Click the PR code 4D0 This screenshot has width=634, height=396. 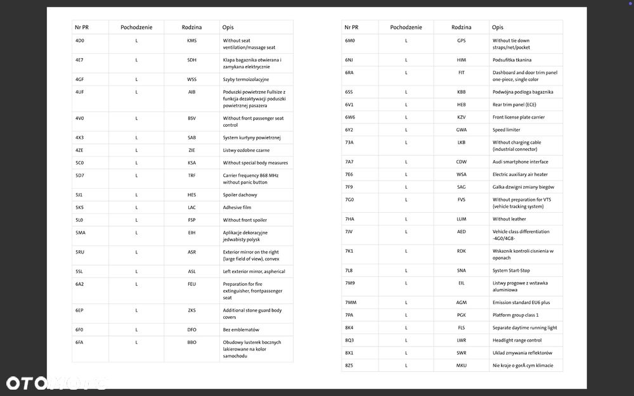point(80,41)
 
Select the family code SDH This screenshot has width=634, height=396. point(191,60)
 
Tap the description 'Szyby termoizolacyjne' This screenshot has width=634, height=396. point(246,79)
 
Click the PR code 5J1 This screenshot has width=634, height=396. point(79,195)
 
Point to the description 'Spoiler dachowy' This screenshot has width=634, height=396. point(240,195)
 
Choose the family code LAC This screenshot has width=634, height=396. point(191,207)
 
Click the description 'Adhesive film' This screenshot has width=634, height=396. point(237,207)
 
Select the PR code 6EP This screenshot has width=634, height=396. point(80,310)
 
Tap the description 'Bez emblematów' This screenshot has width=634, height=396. point(241,329)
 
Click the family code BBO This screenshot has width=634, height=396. point(191,342)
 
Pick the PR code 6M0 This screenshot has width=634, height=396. point(350,41)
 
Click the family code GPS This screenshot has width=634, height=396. point(461,41)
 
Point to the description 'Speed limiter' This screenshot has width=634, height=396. point(507,130)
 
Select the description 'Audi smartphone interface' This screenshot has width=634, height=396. point(521,162)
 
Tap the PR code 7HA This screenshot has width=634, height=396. point(350,219)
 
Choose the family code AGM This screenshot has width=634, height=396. point(461,302)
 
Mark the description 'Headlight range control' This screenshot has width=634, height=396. point(517,340)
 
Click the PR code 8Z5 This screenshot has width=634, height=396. point(349,366)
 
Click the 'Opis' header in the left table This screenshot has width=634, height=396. point(228,27)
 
